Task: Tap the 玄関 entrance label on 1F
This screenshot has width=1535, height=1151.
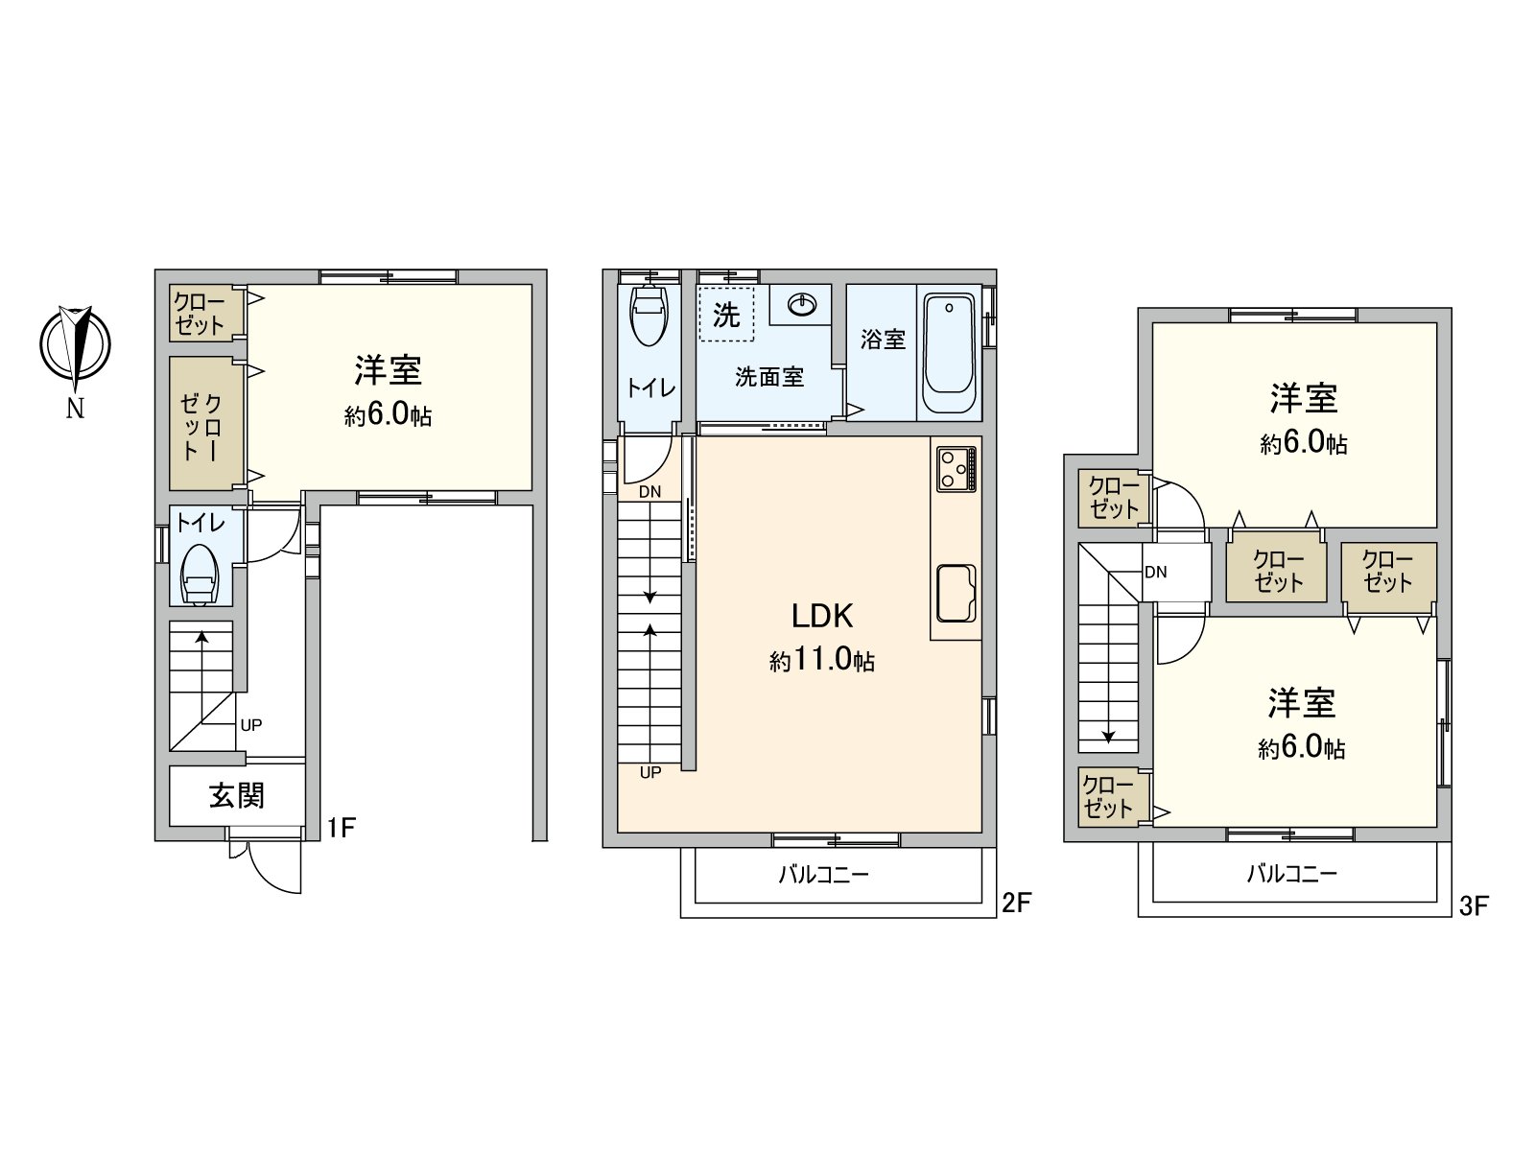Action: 237,795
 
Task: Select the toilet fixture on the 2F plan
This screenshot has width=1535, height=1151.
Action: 649,314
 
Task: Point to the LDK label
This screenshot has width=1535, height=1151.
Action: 822,615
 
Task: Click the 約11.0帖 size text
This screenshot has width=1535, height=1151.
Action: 821,660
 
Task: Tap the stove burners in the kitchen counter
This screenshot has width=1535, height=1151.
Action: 956,470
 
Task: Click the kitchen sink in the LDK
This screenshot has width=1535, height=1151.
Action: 956,593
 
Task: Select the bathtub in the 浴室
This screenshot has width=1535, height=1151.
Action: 949,353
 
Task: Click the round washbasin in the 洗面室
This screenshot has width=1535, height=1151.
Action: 801,305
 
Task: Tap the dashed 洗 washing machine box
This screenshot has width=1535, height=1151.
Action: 726,314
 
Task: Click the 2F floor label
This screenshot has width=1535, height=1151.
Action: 1016,902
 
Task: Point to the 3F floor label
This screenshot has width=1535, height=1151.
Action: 1474,905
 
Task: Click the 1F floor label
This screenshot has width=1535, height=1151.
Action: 341,827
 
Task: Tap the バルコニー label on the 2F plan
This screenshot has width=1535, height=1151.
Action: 823,875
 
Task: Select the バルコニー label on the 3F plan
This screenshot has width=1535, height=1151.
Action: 1291,874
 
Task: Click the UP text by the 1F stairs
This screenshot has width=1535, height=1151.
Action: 251,725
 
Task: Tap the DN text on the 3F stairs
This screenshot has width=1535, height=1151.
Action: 1155,573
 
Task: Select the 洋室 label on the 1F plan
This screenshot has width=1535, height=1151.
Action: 388,371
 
